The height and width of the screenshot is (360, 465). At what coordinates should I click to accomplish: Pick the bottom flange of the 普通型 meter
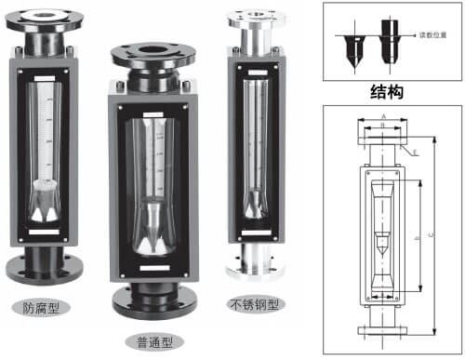(153, 300)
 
